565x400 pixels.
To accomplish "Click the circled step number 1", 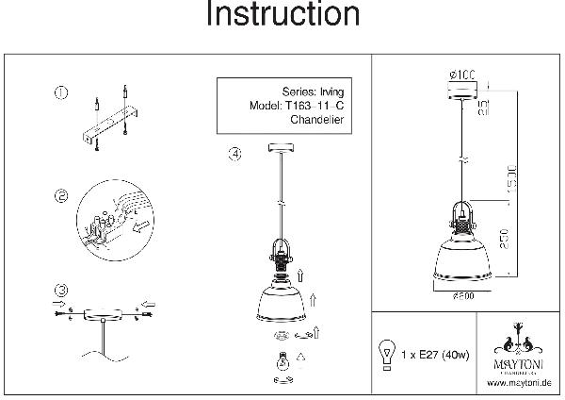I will pos(60,92).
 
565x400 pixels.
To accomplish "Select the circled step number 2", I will pos(62,197).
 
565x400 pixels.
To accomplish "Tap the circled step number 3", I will pos(62,289).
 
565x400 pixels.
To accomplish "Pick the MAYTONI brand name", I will pos(519,359).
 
